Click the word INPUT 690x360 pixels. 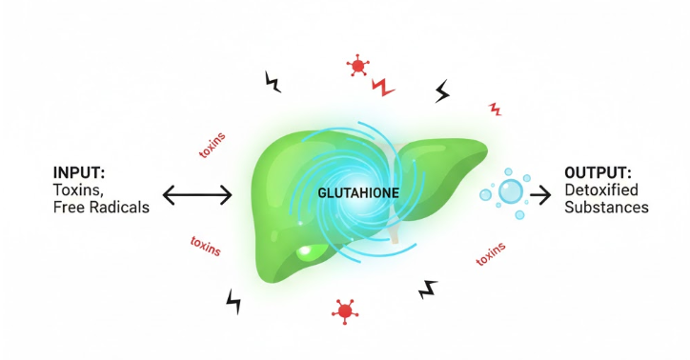78,172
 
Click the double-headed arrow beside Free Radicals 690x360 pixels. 197,196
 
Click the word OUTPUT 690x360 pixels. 599,172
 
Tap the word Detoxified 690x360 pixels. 607,190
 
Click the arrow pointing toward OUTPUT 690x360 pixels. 540,195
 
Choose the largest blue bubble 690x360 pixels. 511,192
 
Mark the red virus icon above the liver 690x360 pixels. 359,66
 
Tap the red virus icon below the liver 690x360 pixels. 345,310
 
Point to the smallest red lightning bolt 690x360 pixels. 494,109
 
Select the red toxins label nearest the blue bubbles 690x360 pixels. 491,255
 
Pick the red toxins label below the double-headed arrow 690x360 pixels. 206,247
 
